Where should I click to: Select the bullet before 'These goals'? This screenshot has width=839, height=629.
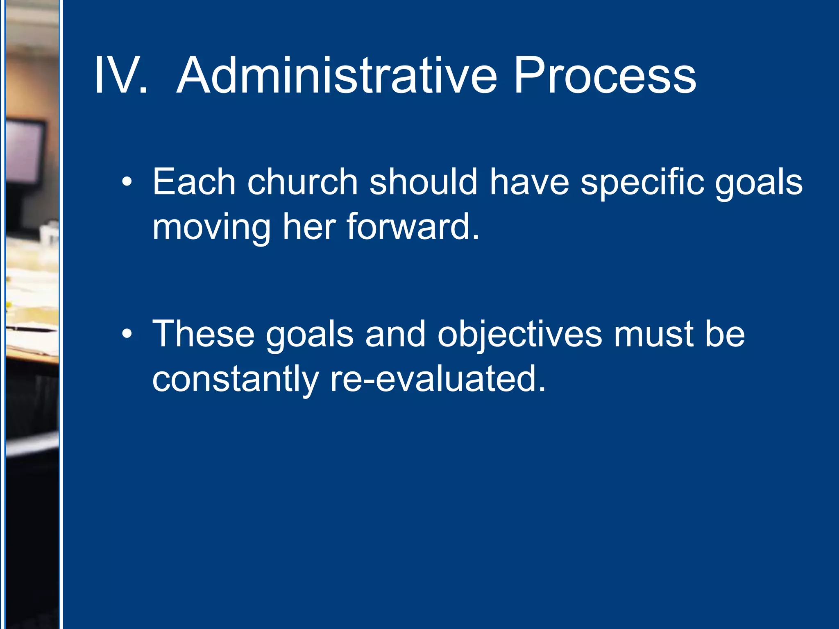pos(127,334)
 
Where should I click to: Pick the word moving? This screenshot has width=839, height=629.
pos(211,228)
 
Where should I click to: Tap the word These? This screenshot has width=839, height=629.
pos(203,334)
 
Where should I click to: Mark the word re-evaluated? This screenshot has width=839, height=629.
pos(438,379)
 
